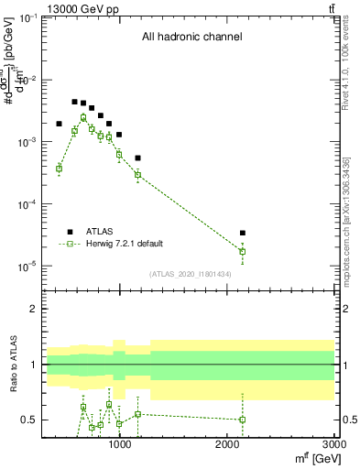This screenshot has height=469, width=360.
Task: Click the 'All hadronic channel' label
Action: click(191, 37)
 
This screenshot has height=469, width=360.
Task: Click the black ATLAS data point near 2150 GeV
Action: click(242, 233)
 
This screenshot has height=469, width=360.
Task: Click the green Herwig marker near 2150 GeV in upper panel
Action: click(242, 251)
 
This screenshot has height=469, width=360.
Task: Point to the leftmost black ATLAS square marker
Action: click(59, 124)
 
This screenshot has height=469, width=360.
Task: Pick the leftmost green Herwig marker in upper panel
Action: click(59, 169)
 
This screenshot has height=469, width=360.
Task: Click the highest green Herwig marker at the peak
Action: click(83, 117)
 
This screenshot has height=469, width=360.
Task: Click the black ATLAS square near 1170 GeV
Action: click(137, 158)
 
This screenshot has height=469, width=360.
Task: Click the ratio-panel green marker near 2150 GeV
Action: click(242, 420)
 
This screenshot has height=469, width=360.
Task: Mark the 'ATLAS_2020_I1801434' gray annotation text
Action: click(191, 274)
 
